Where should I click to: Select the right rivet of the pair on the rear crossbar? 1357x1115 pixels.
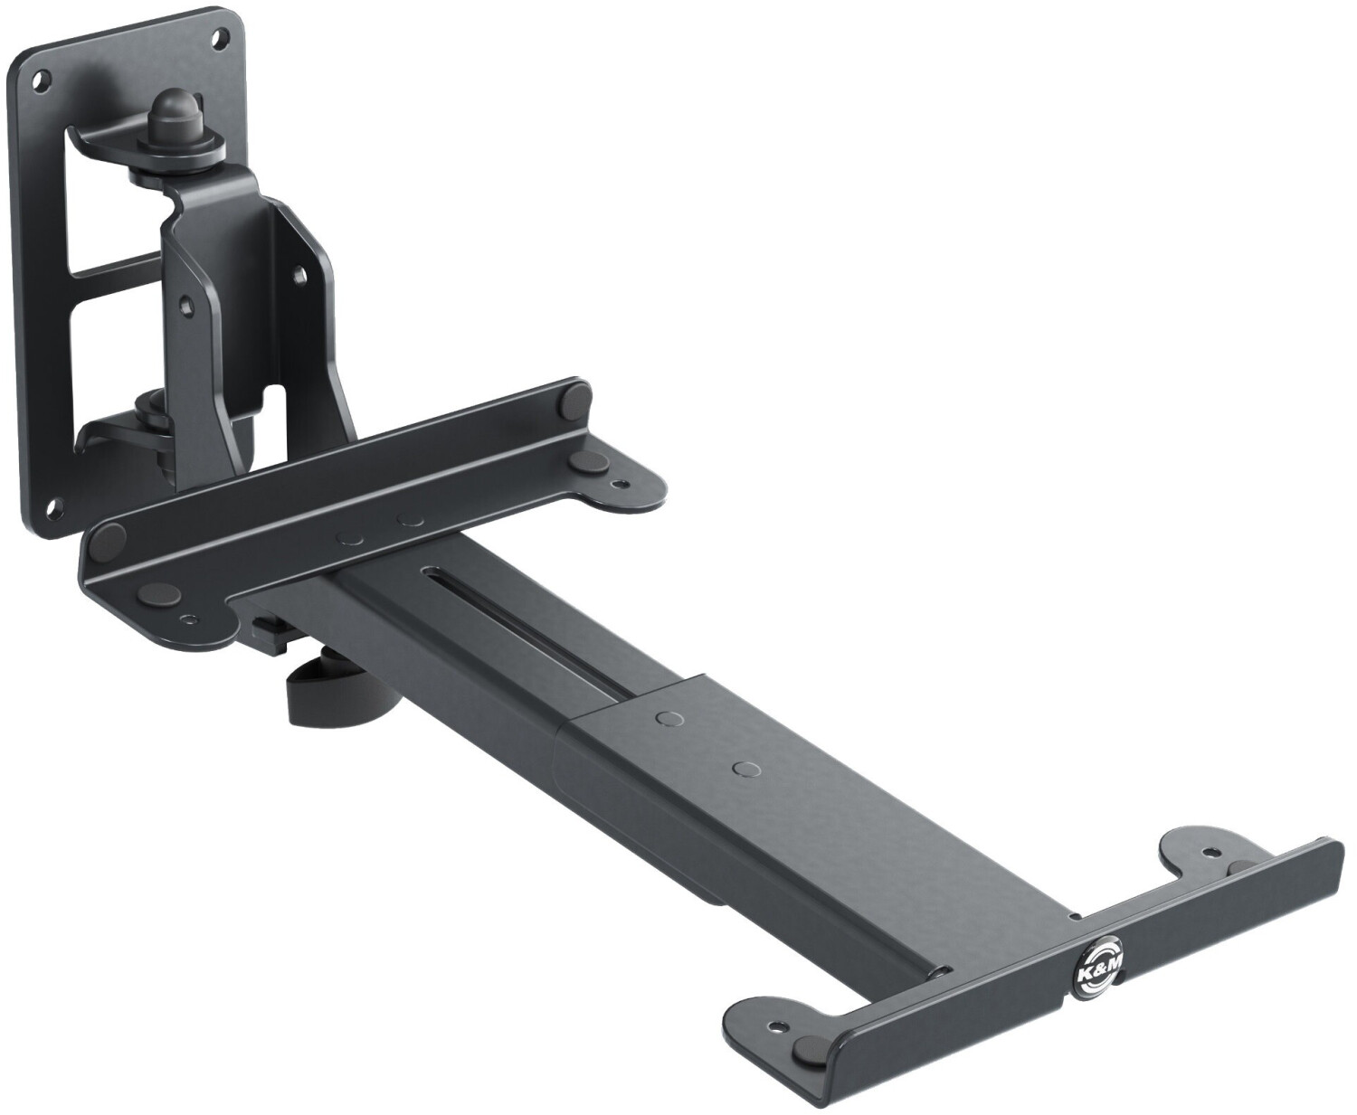point(411,520)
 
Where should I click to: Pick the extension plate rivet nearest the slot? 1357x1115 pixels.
point(670,716)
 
